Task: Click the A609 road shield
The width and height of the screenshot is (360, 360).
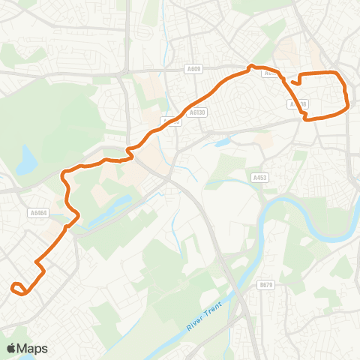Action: point(193,69)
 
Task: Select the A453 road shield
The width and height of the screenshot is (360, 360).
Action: point(260,178)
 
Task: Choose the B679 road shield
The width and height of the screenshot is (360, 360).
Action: point(265,285)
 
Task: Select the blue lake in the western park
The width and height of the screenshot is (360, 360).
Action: point(28,158)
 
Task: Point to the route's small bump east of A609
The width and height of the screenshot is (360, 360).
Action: point(251,68)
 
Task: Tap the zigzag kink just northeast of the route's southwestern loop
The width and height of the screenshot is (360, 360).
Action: point(40,268)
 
